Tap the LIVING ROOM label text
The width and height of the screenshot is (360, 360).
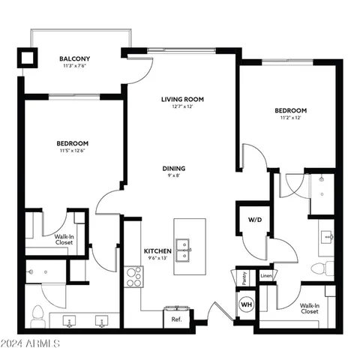183,99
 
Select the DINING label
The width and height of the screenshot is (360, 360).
174,169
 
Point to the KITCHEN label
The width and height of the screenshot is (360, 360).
158,250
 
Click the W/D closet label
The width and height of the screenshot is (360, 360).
254,220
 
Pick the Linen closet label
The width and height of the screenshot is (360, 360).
266,276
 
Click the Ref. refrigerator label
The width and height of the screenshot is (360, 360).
176,319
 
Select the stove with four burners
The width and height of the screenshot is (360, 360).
133,277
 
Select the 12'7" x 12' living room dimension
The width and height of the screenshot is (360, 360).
183,107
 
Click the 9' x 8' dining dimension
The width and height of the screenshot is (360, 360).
174,177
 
